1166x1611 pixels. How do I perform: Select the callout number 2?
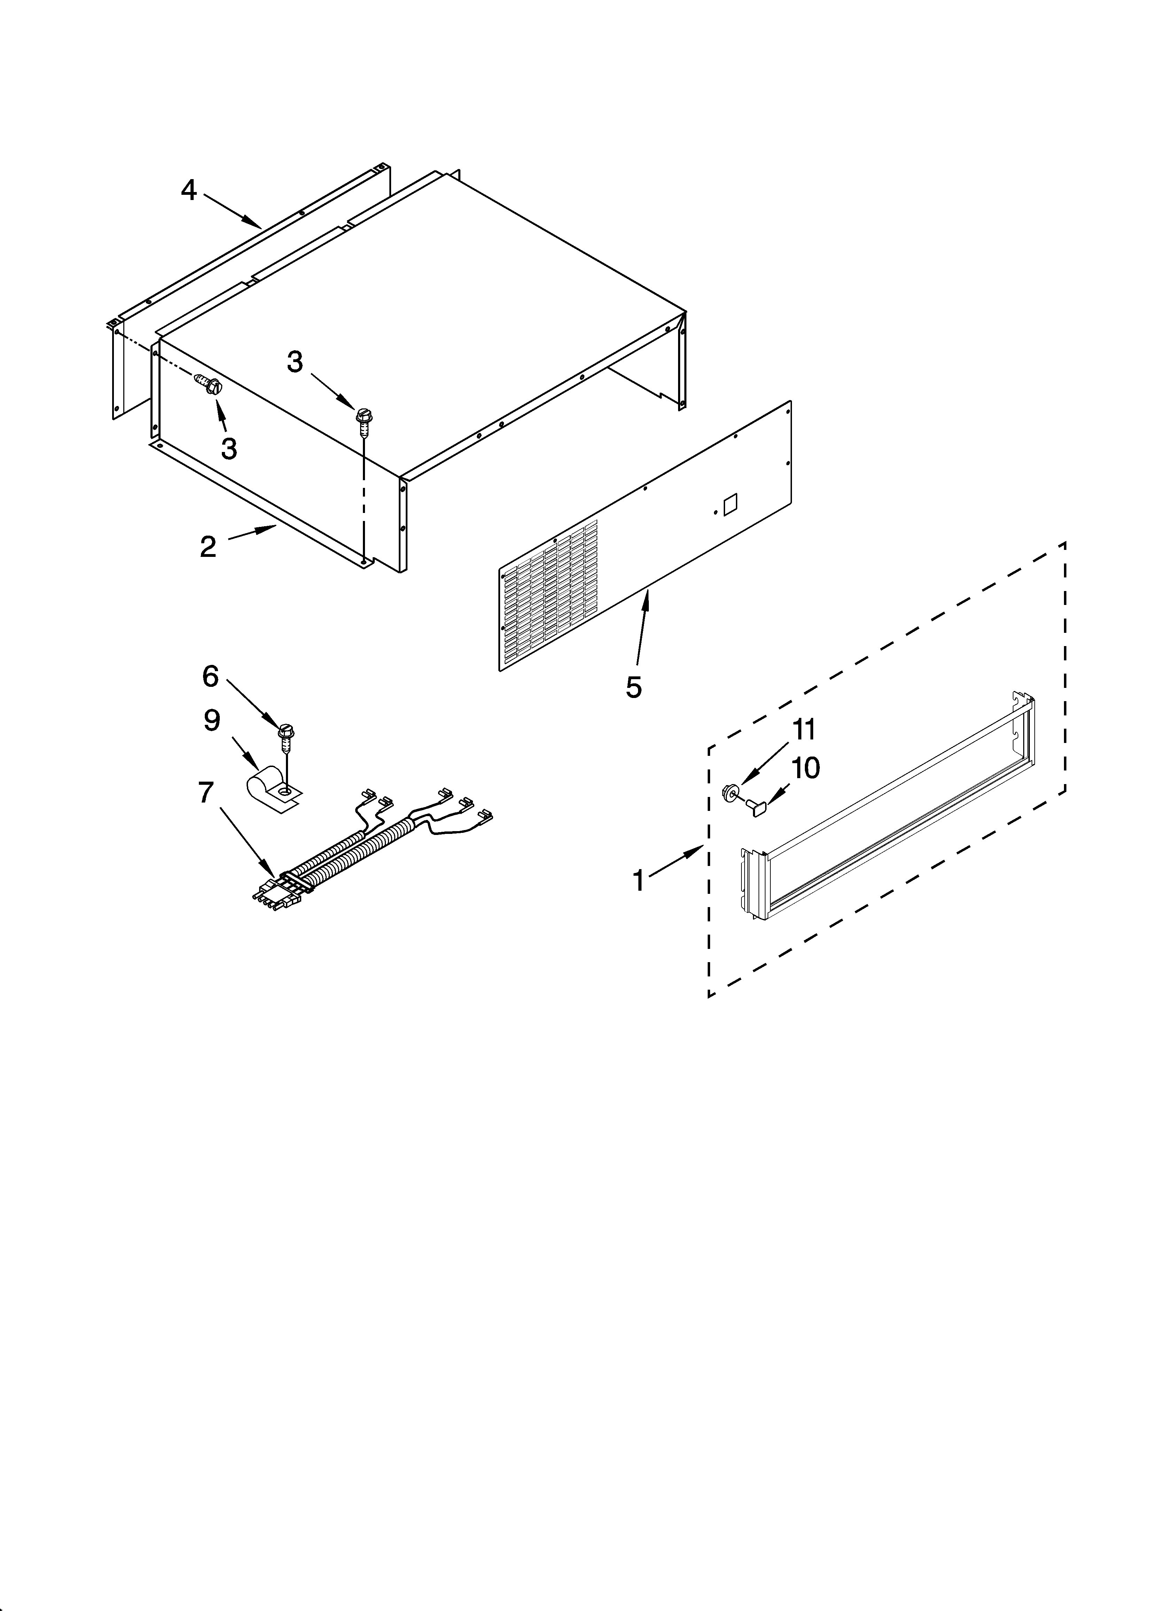[207, 546]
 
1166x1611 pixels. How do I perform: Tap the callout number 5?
[633, 687]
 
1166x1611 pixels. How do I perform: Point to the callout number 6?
[210, 676]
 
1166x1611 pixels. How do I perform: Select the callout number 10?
[805, 768]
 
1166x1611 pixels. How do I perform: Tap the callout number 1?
[638, 881]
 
